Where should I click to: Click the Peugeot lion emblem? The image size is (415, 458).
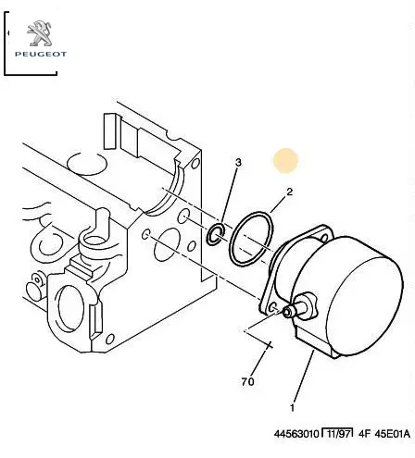[40, 33]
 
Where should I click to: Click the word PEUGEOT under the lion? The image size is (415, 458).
[41, 55]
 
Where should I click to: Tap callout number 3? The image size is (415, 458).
[238, 163]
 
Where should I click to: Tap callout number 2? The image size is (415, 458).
[289, 192]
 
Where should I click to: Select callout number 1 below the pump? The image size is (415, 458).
[292, 408]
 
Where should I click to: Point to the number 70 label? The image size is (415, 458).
[247, 382]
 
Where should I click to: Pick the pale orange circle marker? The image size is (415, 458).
[285, 160]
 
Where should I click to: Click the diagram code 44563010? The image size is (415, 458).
[296, 434]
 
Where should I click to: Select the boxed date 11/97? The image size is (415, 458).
[337, 434]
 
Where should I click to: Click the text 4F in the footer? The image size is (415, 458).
[364, 434]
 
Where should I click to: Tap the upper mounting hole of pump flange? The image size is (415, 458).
[323, 238]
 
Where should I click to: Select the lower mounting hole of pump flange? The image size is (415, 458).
[273, 307]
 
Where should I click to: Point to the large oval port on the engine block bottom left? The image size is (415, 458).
[70, 308]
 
